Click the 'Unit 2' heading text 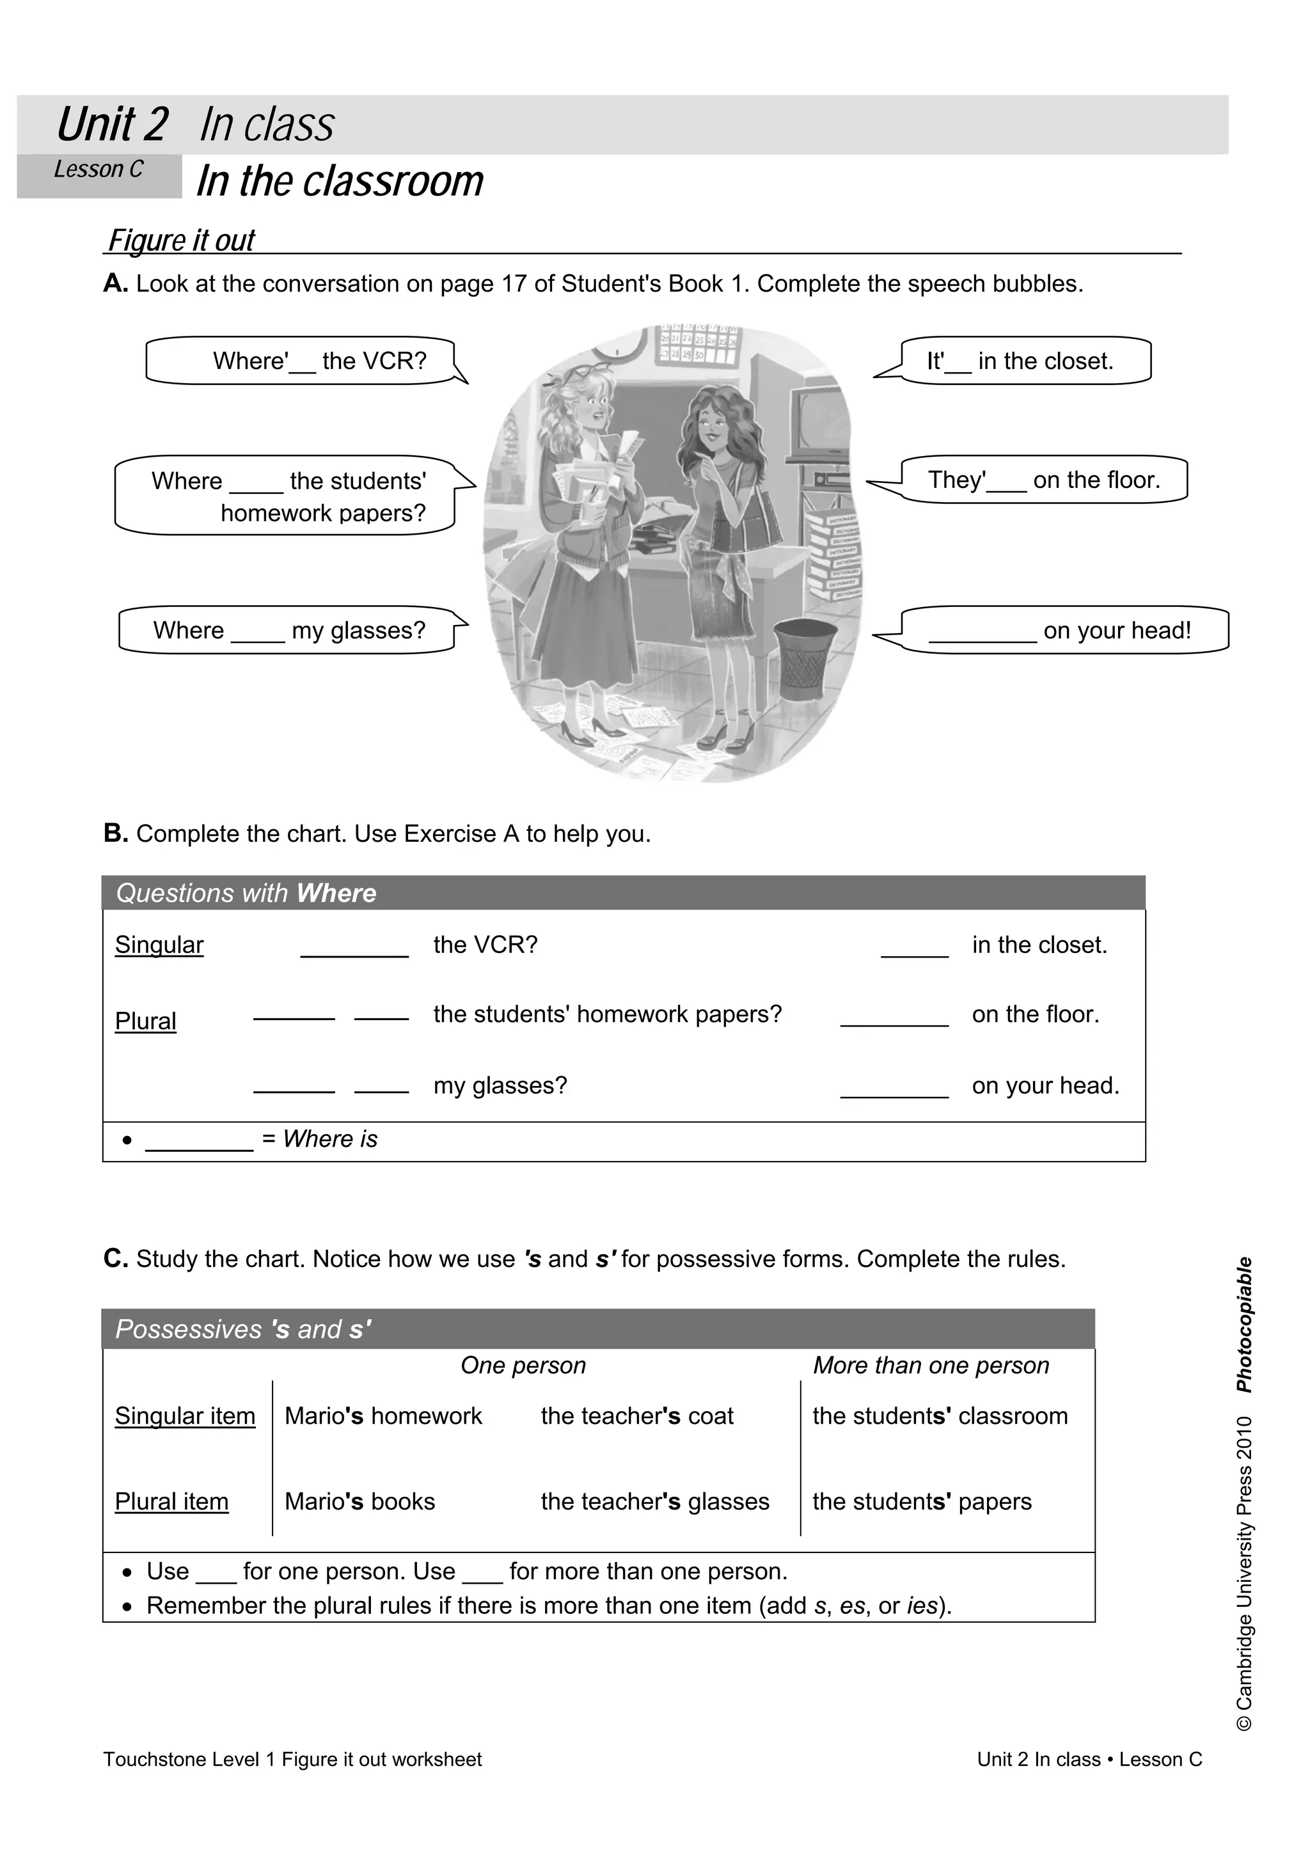[x=112, y=125]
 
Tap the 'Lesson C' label [x=98, y=170]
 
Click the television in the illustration [x=819, y=423]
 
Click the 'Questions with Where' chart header [x=246, y=894]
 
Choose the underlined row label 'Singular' [x=159, y=945]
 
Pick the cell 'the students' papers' [x=921, y=1502]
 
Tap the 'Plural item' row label [x=171, y=1502]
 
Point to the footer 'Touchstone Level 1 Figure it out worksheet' [x=292, y=1760]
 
